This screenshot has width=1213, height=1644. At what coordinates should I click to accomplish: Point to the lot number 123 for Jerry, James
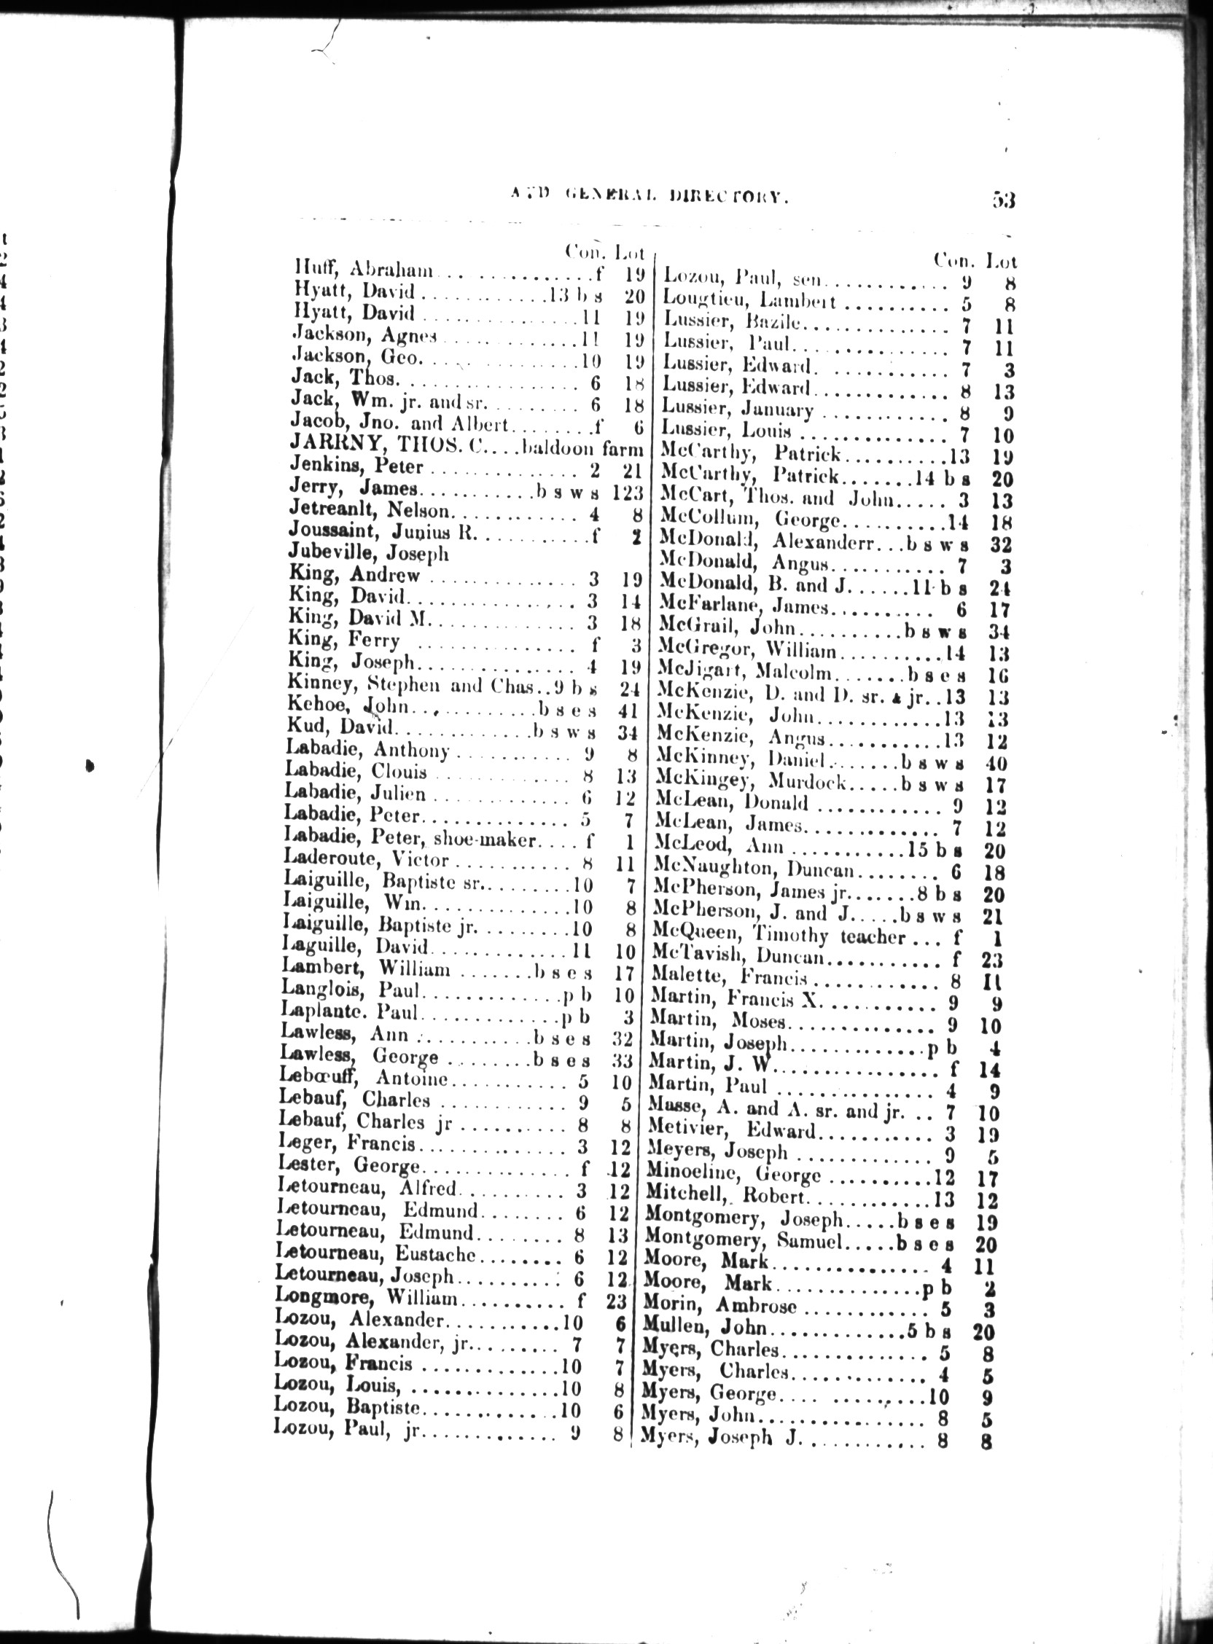[x=628, y=490]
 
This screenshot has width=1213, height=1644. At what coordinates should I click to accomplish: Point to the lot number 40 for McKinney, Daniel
[x=996, y=762]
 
